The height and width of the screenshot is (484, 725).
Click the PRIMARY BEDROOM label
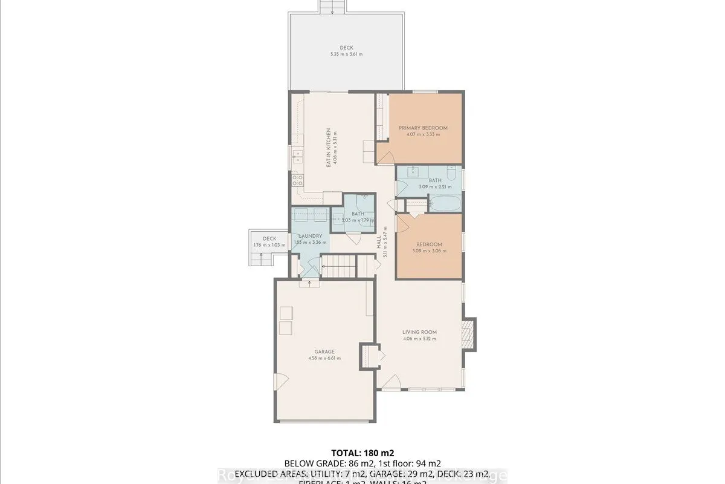point(422,128)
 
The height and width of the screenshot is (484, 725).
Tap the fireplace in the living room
point(468,332)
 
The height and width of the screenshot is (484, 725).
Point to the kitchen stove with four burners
point(297,180)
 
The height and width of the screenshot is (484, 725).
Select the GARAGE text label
point(324,352)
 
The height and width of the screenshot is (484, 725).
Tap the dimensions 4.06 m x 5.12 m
point(419,339)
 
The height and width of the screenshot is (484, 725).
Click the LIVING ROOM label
point(419,332)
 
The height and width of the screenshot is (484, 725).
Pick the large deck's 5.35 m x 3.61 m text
point(346,54)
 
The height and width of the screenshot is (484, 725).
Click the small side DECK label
point(261,238)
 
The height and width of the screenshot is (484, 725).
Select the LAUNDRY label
point(309,236)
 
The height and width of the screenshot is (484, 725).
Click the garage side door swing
point(280,381)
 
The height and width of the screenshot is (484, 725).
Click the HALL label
point(379,243)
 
